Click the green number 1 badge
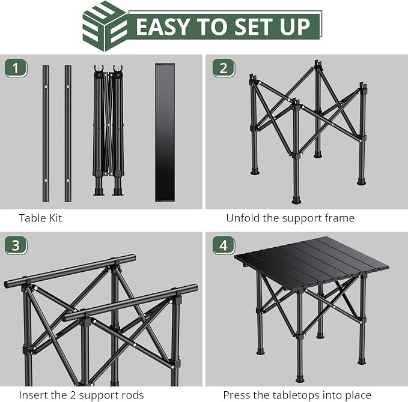click(16, 68)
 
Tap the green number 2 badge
click(224, 68)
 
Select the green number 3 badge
click(16, 245)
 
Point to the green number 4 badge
click(224, 245)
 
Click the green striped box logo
click(105, 26)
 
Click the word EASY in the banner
click(163, 27)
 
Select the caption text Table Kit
click(40, 218)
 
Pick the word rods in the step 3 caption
click(133, 395)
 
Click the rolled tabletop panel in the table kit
click(165, 132)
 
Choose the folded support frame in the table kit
click(108, 130)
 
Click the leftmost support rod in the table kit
click(46, 133)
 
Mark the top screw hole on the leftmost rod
click(46, 86)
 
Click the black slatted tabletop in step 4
click(311, 260)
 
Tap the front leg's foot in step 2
click(296, 200)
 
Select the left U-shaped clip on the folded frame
click(99, 69)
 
